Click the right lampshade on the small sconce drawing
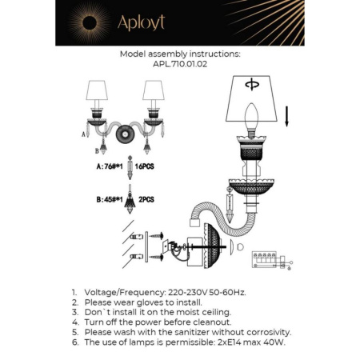[x=152, y=90]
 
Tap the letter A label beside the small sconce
[x=84, y=135]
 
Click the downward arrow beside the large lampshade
[x=288, y=106]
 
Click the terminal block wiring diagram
[x=270, y=258]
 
